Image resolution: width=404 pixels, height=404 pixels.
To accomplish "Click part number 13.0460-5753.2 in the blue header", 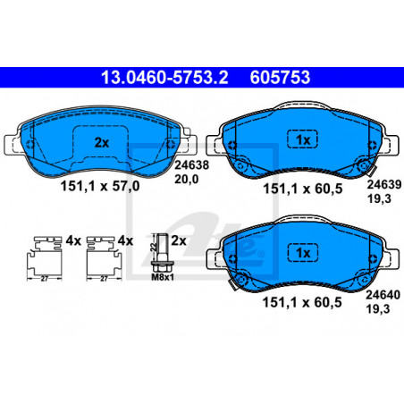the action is tap(164, 78).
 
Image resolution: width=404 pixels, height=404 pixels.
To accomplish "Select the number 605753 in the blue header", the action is tap(280, 78).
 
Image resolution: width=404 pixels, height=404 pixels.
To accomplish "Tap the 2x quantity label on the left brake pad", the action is tap(102, 143).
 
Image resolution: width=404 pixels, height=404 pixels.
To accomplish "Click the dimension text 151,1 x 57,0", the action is tap(100, 186).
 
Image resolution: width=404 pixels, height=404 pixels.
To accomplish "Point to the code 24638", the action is tap(191, 164).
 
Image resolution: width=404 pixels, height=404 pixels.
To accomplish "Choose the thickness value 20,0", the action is tap(186, 179).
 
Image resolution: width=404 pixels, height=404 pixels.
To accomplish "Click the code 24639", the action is tap(384, 184).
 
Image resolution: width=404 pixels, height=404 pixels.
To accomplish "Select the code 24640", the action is tap(383, 295).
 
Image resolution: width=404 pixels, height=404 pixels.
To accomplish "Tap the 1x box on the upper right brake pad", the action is tap(303, 139).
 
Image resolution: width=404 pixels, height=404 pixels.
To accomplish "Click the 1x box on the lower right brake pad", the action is tap(303, 253).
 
